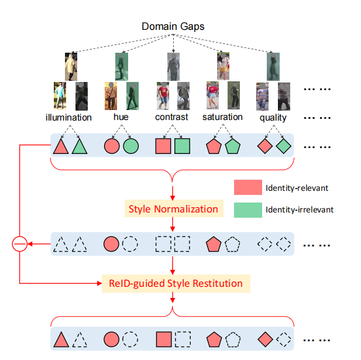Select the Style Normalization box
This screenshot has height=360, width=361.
pos(173,209)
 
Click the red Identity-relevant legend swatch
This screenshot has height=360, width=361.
pos(246,188)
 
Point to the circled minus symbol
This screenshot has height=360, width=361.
pos(20,243)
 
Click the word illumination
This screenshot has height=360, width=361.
pos(68,118)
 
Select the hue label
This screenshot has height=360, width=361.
pos(121,118)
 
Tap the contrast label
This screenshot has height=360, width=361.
pos(172,118)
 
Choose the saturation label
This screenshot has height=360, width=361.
pos(222,117)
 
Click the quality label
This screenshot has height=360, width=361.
pos(273,118)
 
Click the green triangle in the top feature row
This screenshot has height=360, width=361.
pos(80,146)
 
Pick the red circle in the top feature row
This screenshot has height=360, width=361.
pos(111,146)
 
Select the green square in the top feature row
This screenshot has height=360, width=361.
pos(183,146)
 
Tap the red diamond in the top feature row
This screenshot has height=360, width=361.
pos(266,146)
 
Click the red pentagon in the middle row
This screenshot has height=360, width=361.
pos(215,243)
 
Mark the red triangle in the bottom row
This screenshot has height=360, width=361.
pos(61,339)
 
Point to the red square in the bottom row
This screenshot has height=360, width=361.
pos(164,339)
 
